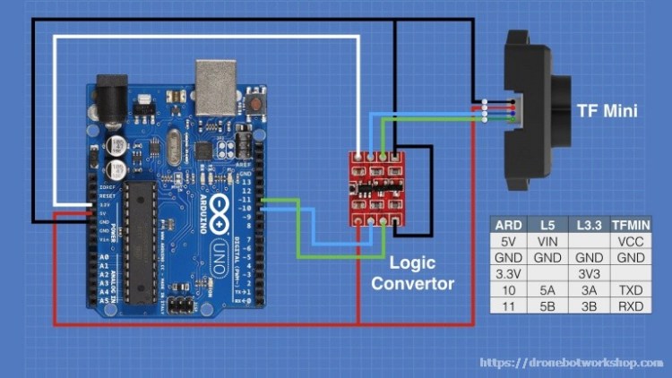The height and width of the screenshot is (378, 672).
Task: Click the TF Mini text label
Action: (x=607, y=111)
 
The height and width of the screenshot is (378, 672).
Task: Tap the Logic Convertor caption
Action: (x=414, y=274)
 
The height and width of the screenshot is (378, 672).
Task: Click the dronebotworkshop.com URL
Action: (x=572, y=362)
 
